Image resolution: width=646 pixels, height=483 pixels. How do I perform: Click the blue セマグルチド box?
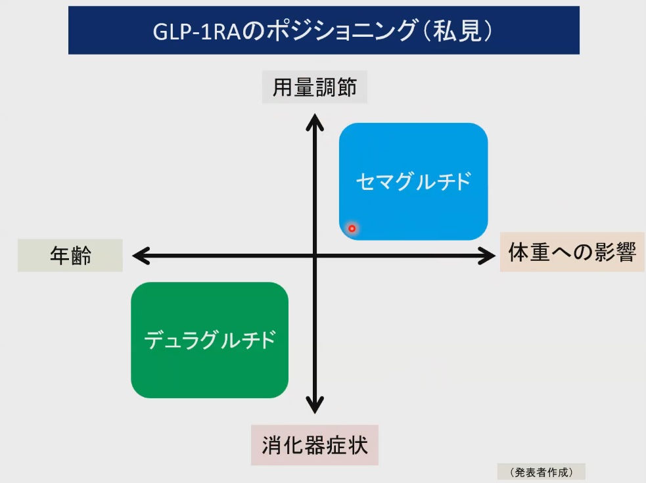[413, 181]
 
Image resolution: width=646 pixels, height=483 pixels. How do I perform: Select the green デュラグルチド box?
[210, 340]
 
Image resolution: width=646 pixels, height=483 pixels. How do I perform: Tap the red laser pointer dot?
[352, 228]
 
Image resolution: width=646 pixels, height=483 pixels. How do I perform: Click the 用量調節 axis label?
[314, 87]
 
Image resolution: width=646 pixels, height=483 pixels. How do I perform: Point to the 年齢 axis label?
[70, 256]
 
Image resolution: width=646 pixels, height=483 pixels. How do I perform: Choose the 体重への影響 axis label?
[572, 252]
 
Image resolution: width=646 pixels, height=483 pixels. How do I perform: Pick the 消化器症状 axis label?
[315, 445]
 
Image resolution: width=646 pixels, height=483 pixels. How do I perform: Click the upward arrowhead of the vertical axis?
[315, 122]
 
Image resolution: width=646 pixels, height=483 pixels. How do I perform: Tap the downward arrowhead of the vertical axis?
[315, 405]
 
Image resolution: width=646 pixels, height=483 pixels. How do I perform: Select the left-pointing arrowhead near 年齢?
[141, 256]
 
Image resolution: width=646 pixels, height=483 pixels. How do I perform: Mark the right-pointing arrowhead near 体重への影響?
[486, 256]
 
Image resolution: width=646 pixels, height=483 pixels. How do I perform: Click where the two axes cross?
[315, 256]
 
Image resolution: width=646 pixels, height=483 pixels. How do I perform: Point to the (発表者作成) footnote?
[542, 472]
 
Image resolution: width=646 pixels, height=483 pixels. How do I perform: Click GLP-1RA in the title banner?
[196, 32]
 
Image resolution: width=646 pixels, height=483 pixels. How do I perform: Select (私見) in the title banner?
[457, 30]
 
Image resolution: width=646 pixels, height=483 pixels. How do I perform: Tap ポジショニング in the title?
[342, 30]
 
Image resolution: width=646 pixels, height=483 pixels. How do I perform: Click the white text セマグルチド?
[413, 181]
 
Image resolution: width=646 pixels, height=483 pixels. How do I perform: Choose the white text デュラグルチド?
[210, 340]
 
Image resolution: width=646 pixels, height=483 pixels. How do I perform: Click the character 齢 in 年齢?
[81, 256]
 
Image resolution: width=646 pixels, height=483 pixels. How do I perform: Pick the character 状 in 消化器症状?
[358, 445]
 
